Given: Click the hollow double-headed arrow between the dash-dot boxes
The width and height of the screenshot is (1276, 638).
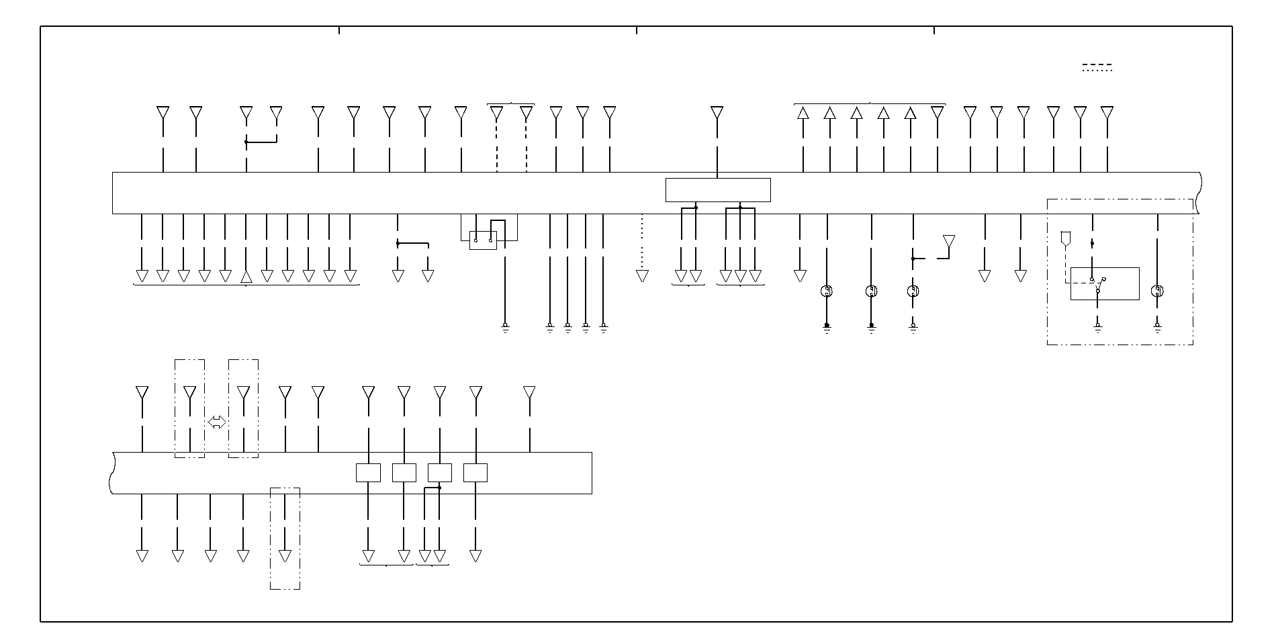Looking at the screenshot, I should tap(216, 422).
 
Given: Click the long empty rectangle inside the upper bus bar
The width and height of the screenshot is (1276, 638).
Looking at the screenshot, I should tap(717, 190).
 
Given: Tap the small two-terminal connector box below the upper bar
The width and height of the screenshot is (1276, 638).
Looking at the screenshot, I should tap(483, 240).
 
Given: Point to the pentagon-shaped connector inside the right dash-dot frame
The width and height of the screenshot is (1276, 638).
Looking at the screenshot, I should tap(1065, 239).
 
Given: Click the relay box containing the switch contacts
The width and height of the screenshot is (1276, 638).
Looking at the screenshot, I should tap(1104, 283).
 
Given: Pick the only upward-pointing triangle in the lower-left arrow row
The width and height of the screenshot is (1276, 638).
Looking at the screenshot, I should tap(246, 276).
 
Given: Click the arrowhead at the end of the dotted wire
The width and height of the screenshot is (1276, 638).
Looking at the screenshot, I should tap(642, 276).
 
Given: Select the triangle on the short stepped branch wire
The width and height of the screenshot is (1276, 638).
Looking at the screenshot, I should tap(948, 241).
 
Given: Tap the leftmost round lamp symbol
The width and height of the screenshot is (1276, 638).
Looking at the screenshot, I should tap(827, 291).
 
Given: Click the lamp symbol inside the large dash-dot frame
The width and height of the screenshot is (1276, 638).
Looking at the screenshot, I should tap(1157, 291).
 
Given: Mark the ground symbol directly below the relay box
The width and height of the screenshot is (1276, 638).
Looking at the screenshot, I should tap(1098, 328).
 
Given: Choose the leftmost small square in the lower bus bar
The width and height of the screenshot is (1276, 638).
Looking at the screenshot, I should tap(368, 473).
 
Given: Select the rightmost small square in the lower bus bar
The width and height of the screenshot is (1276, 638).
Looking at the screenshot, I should tap(475, 473).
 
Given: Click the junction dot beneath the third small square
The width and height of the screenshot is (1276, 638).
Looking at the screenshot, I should tap(439, 488).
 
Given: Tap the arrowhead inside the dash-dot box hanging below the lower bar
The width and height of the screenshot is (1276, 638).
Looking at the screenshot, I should tap(285, 556).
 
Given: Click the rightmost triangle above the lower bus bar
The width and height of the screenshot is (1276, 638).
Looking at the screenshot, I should tap(529, 392).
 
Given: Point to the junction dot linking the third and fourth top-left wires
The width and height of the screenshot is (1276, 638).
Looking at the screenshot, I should tap(246, 142).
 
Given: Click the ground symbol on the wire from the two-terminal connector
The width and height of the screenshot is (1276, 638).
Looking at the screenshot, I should tap(505, 328).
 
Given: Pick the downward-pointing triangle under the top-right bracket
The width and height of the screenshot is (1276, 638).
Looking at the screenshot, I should tap(937, 113).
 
